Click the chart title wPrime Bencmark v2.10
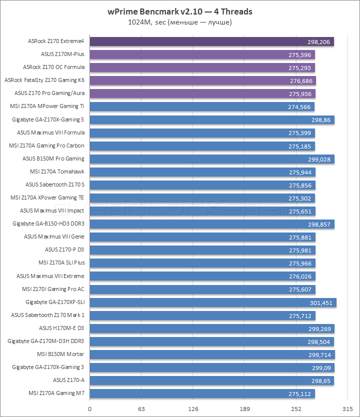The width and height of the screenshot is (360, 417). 179,11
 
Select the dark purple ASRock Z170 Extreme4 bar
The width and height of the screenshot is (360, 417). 210,41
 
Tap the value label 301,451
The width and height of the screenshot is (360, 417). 321,302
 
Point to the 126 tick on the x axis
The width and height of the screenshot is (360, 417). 193,408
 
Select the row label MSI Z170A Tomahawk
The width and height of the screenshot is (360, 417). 57,171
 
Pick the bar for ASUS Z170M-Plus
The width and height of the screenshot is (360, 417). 200,54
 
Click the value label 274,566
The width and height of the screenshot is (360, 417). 299,106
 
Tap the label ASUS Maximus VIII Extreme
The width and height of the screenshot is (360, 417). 50,276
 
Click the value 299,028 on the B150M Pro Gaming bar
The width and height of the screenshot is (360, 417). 319,159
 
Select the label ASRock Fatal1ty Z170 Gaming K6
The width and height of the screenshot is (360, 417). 44,80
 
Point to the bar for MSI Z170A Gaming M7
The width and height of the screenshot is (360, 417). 200,393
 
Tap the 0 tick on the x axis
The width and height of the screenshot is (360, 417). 90,408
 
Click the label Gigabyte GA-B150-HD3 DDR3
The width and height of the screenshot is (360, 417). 48,224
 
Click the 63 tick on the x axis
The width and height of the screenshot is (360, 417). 141,408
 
